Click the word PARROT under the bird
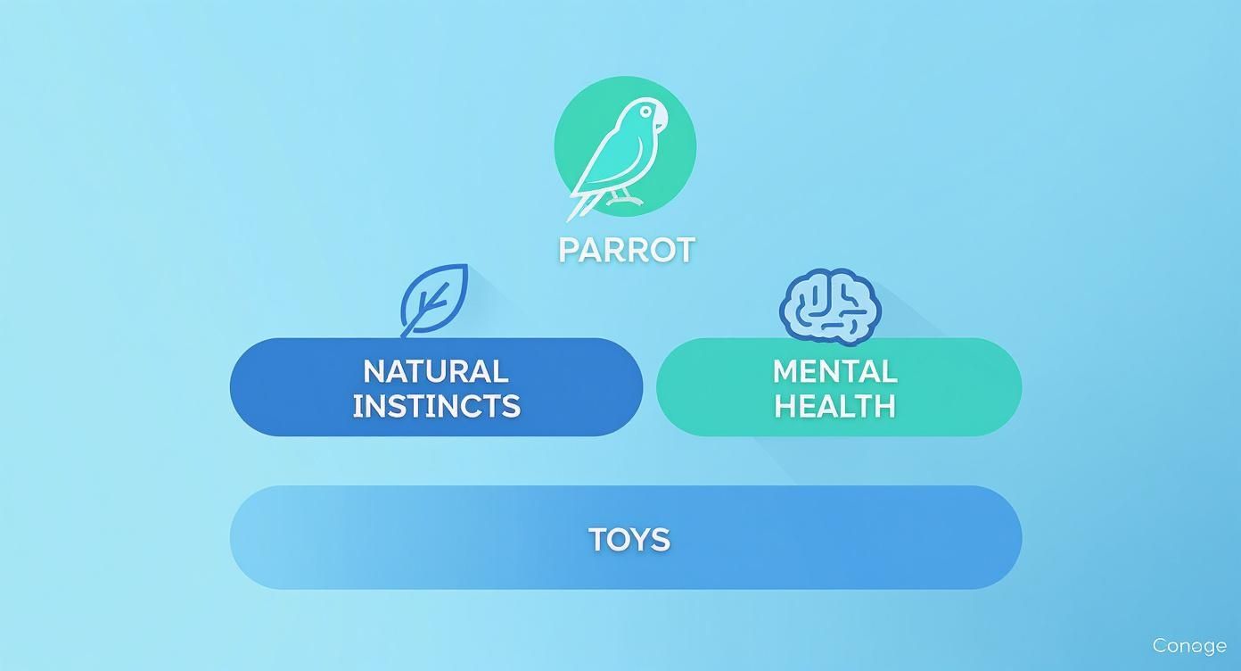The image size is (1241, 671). coord(626,250)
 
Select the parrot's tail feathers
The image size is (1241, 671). coord(581,203)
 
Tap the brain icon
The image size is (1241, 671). coord(830,306)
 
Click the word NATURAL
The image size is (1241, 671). coord(436,371)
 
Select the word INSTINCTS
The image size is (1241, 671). coord(436,406)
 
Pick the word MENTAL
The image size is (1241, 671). coord(834,371)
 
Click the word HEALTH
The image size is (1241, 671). coord(834,406)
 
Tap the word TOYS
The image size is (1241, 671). coord(629,539)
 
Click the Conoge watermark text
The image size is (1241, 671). coord(1188,645)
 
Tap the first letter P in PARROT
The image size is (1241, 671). coord(568,250)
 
